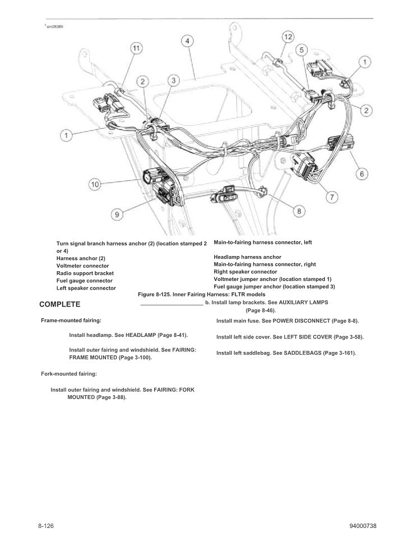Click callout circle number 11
coord(136,48)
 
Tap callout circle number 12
coord(286,37)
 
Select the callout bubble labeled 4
coord(187,41)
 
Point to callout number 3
coord(174,81)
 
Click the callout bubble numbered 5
coord(301,51)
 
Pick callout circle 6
coord(362,174)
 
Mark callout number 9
coord(117,214)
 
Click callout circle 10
coord(95,184)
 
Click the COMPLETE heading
coord(60,304)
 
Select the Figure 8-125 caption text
coord(202,294)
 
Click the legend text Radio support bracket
coord(85,274)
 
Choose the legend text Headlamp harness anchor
coord(247,257)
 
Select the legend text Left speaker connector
coord(86,288)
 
